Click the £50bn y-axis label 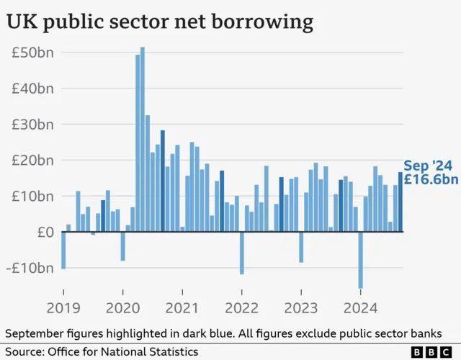32,53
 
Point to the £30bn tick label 32,125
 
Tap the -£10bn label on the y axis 30,268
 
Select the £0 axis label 45,232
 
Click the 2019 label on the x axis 63,308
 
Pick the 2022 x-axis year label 242,308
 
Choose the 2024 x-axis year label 360,308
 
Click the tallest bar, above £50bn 143,139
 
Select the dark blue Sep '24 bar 400,202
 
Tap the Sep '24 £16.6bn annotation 431,173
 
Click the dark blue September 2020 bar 163,181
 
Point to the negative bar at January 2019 63,251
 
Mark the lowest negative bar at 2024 361,261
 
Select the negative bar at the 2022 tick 242,253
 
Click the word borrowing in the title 262,22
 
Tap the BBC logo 431,352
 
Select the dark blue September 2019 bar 103,216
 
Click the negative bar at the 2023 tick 301,247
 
